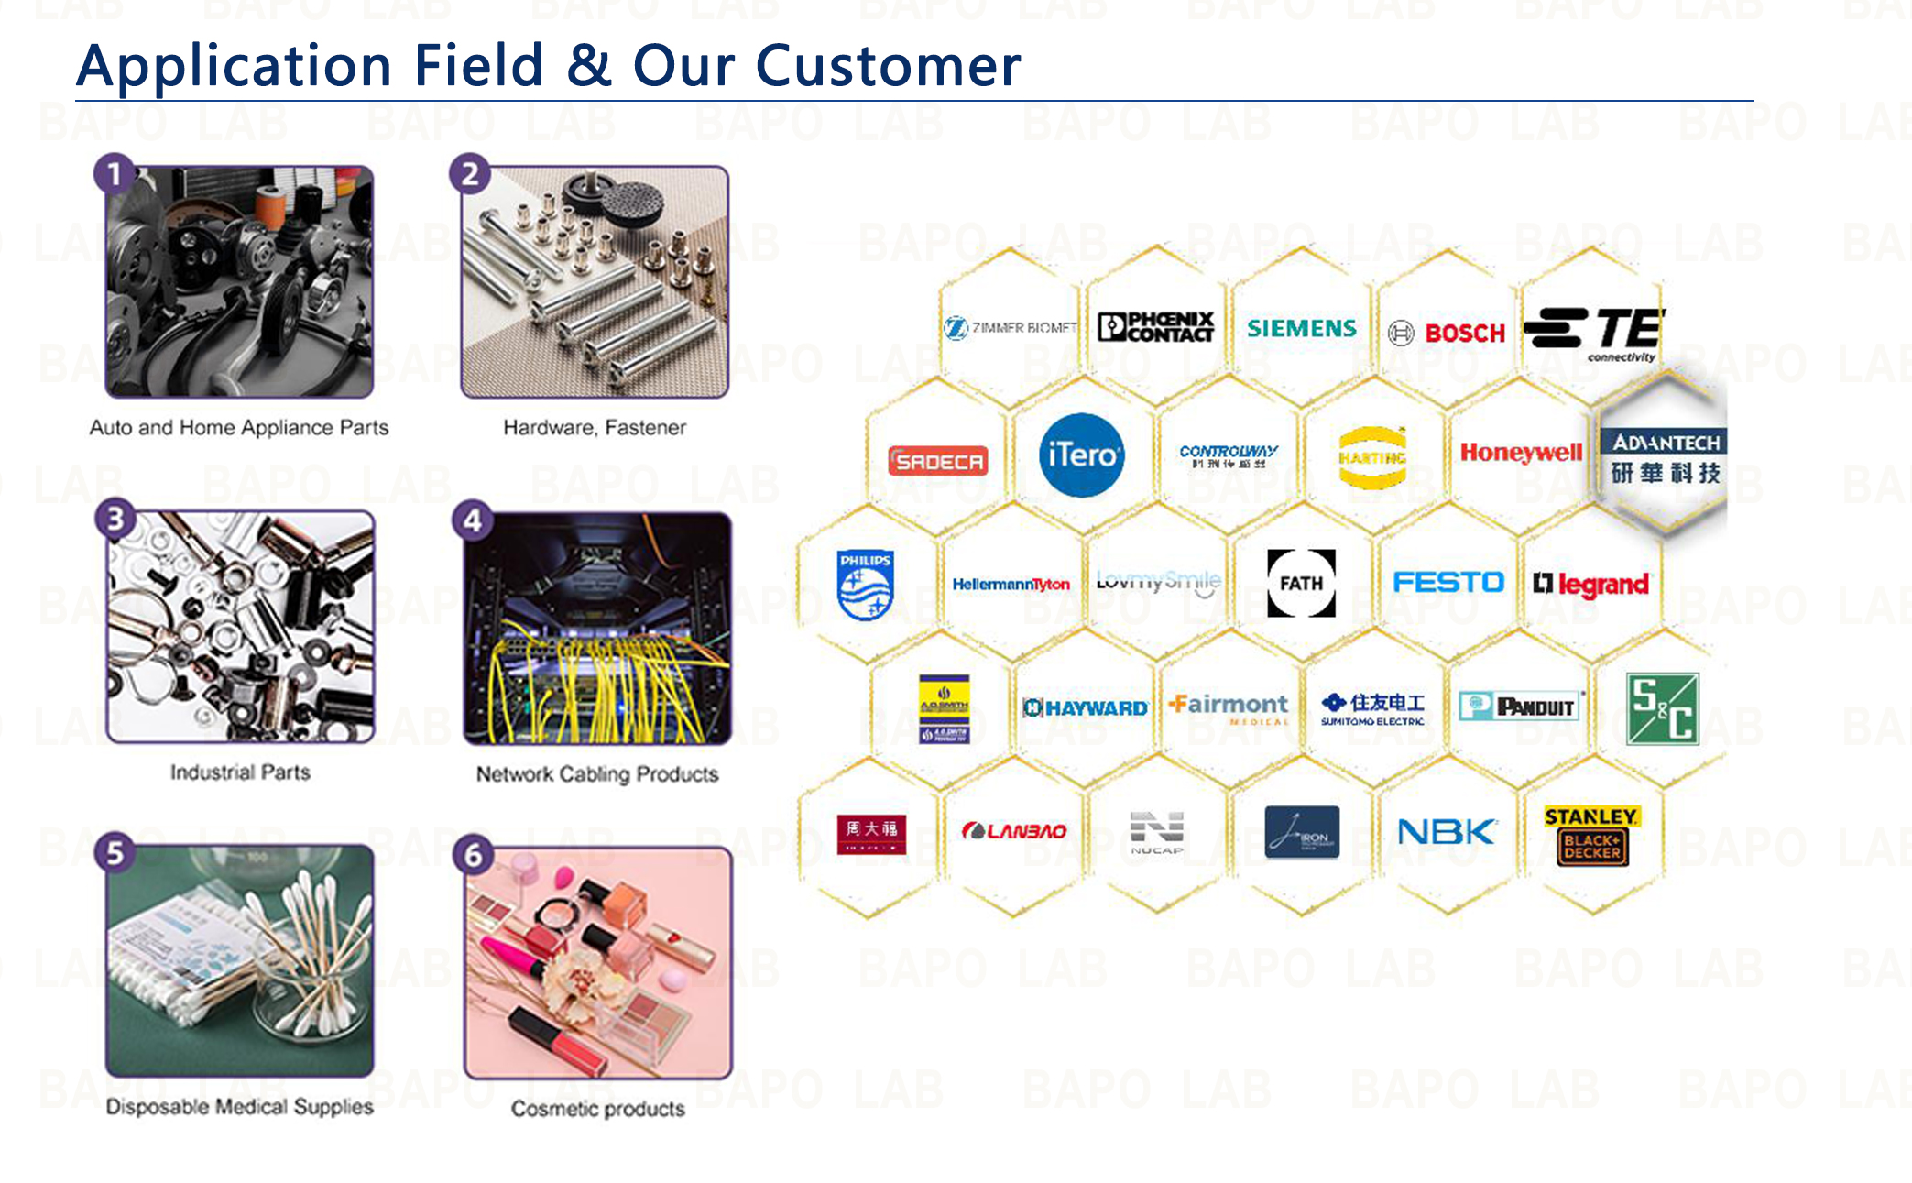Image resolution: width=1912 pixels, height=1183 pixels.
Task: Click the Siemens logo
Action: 1301,328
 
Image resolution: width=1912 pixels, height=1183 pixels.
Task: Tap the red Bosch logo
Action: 1464,333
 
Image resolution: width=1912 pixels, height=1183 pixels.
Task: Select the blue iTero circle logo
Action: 1081,455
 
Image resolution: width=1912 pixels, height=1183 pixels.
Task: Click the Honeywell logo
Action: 1521,452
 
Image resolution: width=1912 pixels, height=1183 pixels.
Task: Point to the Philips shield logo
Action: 865,585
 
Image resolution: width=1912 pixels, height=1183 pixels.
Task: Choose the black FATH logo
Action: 1301,583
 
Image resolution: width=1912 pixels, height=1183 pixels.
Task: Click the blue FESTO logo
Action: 1448,583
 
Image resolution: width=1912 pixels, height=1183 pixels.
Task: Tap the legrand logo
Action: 1591,584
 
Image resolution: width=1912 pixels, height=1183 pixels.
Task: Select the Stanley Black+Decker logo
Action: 1591,835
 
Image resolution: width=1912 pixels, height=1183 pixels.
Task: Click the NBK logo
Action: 1446,832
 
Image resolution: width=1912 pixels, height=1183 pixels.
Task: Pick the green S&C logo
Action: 1662,708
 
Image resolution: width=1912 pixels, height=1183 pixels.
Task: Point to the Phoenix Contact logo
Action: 1156,327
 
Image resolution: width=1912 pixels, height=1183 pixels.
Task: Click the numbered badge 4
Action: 473,520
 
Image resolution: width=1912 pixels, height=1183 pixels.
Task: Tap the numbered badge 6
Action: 473,855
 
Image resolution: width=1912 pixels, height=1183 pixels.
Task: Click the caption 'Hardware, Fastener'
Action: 594,427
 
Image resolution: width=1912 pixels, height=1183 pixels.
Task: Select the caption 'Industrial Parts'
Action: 240,772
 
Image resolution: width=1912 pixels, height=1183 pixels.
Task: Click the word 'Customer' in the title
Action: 887,66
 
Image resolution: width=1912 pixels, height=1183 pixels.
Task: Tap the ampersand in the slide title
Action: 589,66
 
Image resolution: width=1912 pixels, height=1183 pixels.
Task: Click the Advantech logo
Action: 1665,457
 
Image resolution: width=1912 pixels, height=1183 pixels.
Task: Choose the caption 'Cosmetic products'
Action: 597,1109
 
